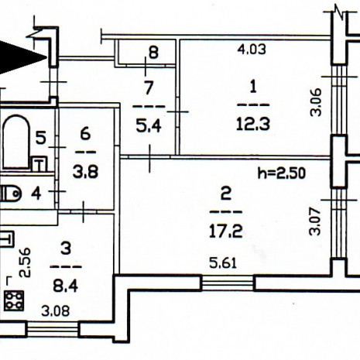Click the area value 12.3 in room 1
click(x=253, y=125)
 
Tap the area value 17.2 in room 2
click(x=226, y=231)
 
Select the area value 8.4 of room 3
click(x=66, y=286)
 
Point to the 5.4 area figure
click(x=149, y=126)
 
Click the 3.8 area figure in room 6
click(x=85, y=172)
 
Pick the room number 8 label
click(x=153, y=53)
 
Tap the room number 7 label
click(x=149, y=87)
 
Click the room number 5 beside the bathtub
click(x=41, y=138)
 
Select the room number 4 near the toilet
click(x=36, y=194)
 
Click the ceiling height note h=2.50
click(x=282, y=173)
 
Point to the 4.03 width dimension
click(x=252, y=50)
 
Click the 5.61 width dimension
click(x=223, y=263)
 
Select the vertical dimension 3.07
click(x=315, y=221)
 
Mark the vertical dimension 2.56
click(x=26, y=262)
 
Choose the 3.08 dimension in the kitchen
click(x=56, y=311)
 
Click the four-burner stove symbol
click(x=14, y=300)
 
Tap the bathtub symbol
click(x=16, y=142)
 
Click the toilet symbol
click(x=10, y=194)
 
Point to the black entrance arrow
click(x=22, y=58)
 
